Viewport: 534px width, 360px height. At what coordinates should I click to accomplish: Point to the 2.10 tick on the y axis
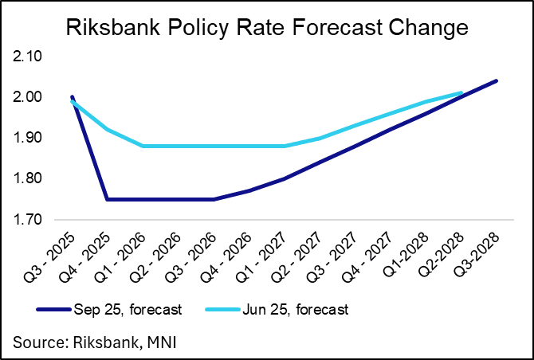pyautogui.click(x=29, y=57)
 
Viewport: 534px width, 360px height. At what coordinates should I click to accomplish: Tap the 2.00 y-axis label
pyautogui.click(x=29, y=98)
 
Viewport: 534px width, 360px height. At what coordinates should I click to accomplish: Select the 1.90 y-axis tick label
pyautogui.click(x=29, y=139)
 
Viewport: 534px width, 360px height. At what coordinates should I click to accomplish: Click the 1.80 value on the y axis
pyautogui.click(x=29, y=179)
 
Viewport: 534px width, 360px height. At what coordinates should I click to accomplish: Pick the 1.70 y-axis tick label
pyautogui.click(x=29, y=220)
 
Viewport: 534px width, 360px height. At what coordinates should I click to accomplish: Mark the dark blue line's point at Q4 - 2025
pyautogui.click(x=108, y=199)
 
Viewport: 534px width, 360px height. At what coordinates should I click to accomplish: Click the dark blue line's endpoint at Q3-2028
pyautogui.click(x=497, y=80)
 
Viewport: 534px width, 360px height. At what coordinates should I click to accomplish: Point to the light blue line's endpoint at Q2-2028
pyautogui.click(x=461, y=93)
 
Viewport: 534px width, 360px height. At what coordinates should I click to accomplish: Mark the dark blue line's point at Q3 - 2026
pyautogui.click(x=214, y=199)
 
